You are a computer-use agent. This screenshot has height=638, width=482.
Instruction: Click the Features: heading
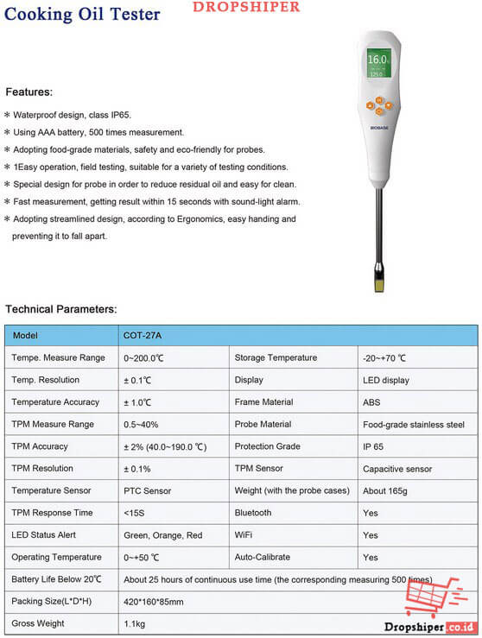coord(29,92)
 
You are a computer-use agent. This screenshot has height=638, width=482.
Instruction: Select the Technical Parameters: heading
coord(61,308)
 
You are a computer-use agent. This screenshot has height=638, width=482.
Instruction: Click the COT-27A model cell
coord(143,335)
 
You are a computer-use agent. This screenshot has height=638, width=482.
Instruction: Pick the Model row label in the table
coord(26,335)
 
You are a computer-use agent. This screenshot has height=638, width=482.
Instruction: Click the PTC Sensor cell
coord(148,491)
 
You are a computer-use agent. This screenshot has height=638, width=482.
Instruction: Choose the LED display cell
coord(386,380)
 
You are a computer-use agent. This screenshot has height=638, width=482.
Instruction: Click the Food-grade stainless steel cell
coord(414,425)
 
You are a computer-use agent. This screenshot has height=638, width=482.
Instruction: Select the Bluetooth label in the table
coord(253,513)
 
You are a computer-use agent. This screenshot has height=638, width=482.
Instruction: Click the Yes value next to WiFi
coord(371,535)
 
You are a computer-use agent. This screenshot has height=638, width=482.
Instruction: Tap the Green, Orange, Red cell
coord(162,535)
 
